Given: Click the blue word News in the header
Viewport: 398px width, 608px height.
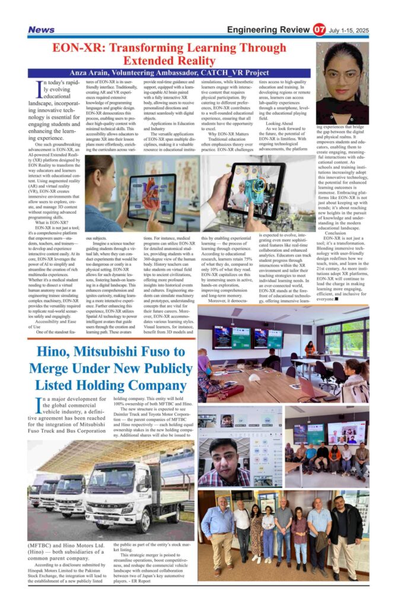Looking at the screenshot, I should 41,30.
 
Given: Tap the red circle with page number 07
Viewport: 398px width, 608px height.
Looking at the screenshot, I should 320,30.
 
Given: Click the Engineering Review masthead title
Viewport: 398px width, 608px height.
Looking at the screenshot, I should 269,30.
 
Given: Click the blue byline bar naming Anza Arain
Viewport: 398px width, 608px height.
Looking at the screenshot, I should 169,72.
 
